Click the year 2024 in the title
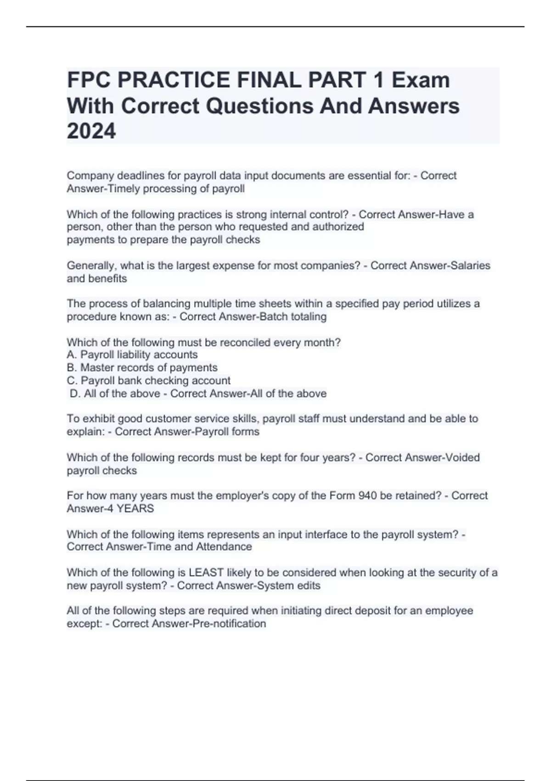pyautogui.click(x=91, y=131)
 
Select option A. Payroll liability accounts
pyautogui.click(x=132, y=355)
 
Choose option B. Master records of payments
pyautogui.click(x=142, y=368)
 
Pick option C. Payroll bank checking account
pyautogui.click(x=149, y=380)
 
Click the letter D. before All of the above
pyautogui.click(x=75, y=394)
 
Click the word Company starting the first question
pyautogui.click(x=90, y=175)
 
